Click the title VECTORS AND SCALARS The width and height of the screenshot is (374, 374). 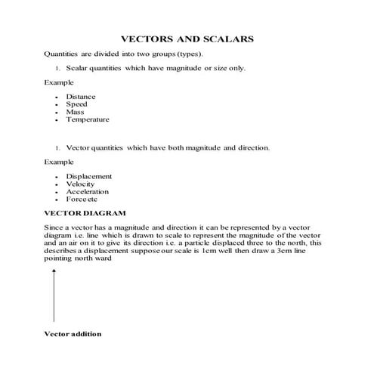pos(187,38)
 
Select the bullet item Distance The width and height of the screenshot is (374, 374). pos(81,97)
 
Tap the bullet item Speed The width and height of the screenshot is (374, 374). pos(77,104)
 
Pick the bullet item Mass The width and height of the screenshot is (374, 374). pos(76,112)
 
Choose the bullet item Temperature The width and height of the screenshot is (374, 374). pos(88,119)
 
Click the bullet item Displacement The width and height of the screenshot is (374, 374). pos(89,177)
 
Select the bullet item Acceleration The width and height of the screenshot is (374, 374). pos(88,192)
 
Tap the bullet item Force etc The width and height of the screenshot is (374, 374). pos(82,199)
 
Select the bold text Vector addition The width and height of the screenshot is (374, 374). pos(73,333)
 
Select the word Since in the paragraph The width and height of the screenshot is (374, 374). pos(54,227)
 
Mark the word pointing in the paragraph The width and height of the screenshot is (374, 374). pos(58,258)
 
